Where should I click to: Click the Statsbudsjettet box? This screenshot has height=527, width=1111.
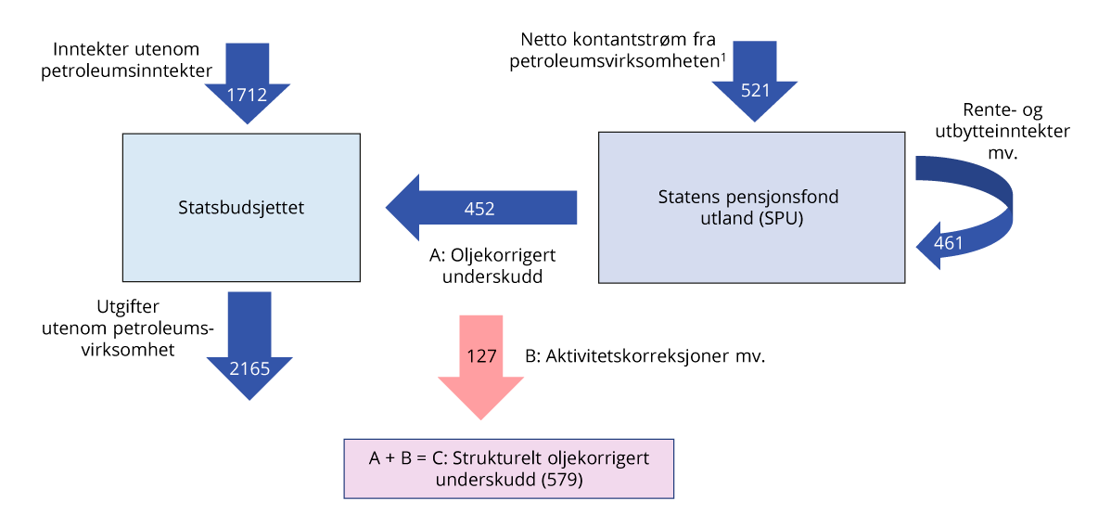(x=241, y=208)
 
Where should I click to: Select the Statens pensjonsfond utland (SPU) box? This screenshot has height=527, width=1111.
(x=751, y=208)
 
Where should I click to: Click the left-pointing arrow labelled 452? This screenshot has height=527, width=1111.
(x=479, y=209)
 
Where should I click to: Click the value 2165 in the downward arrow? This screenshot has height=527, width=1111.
(x=250, y=368)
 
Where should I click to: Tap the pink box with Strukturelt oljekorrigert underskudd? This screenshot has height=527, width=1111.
(x=508, y=469)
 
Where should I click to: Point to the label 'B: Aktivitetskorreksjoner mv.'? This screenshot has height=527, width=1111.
(x=645, y=355)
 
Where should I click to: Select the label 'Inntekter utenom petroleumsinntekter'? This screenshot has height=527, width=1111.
(x=126, y=58)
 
